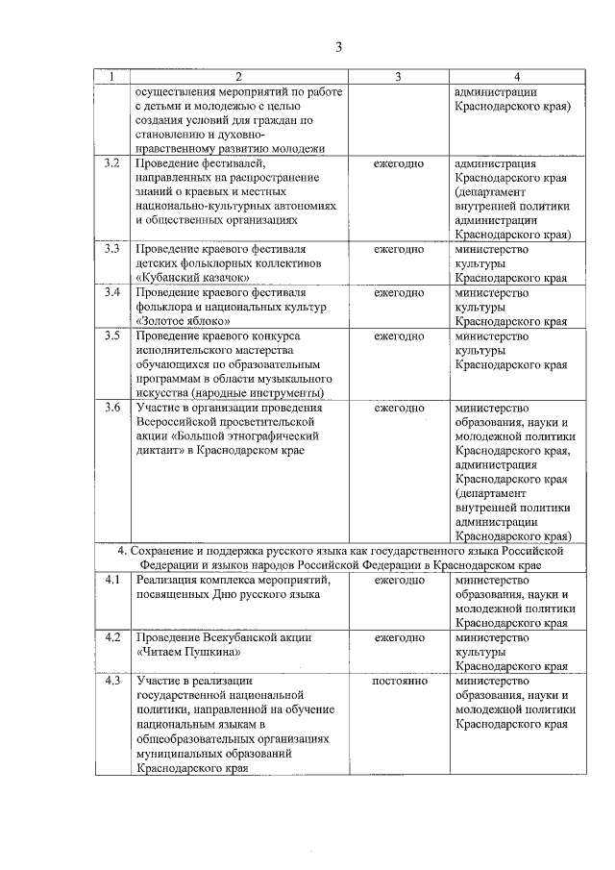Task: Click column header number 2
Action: [x=238, y=77]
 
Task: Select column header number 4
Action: [x=517, y=77]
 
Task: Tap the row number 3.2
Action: [x=112, y=164]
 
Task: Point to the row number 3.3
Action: [x=112, y=249]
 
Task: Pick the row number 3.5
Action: [x=112, y=336]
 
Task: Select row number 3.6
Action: [x=112, y=408]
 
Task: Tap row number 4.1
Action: [x=112, y=580]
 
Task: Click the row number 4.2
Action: [x=112, y=637]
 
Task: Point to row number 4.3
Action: [x=112, y=681]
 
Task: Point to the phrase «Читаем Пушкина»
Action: [x=187, y=652]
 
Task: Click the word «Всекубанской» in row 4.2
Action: [x=239, y=637]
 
